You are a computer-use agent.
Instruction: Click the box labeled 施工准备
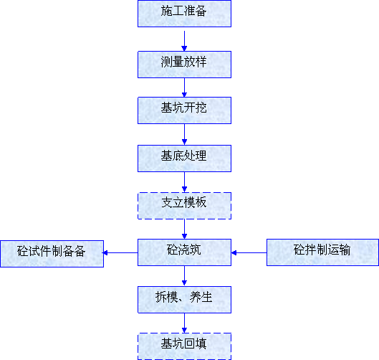click(x=184, y=14)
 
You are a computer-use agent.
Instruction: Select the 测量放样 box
click(x=184, y=65)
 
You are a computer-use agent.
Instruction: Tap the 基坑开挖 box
click(x=184, y=110)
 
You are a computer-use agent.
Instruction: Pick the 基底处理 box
click(x=184, y=158)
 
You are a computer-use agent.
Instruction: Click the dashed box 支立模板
click(x=184, y=206)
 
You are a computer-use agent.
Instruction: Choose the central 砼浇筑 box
click(x=184, y=252)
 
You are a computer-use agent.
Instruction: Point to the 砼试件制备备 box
click(x=52, y=254)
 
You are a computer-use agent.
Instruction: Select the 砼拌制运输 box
click(x=322, y=252)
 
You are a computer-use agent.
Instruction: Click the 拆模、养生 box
click(x=184, y=300)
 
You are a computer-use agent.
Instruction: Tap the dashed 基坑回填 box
click(x=184, y=346)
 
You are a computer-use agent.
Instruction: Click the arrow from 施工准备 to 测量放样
click(x=184, y=41)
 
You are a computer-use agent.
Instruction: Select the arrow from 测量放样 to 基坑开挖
click(x=184, y=87)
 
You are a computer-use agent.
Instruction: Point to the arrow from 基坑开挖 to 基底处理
click(x=184, y=134)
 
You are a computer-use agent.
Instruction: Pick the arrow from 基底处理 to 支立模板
click(x=184, y=182)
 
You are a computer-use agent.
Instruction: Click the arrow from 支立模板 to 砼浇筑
click(x=184, y=229)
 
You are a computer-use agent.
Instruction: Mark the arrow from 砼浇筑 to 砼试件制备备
click(x=120, y=253)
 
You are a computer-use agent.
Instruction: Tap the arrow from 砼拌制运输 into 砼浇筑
click(x=249, y=253)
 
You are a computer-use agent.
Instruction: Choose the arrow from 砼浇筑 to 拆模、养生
click(x=184, y=276)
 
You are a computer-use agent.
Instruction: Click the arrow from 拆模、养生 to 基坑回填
click(x=184, y=323)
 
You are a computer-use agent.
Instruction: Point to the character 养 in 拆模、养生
click(x=195, y=297)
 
